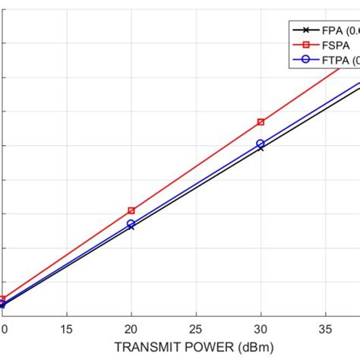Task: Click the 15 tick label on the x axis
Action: point(67,330)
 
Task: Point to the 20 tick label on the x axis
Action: point(131,330)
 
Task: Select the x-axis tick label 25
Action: point(196,330)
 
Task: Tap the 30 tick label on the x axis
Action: point(261,330)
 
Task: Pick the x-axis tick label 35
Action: point(325,330)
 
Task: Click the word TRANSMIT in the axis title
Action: point(142,348)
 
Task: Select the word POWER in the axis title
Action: point(199,348)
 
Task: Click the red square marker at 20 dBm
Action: point(131,210)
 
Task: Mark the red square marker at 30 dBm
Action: point(261,122)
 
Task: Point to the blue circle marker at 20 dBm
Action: point(131,224)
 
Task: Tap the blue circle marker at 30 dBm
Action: point(261,143)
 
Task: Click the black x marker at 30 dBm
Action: point(261,147)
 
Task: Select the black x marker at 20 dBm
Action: point(131,227)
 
